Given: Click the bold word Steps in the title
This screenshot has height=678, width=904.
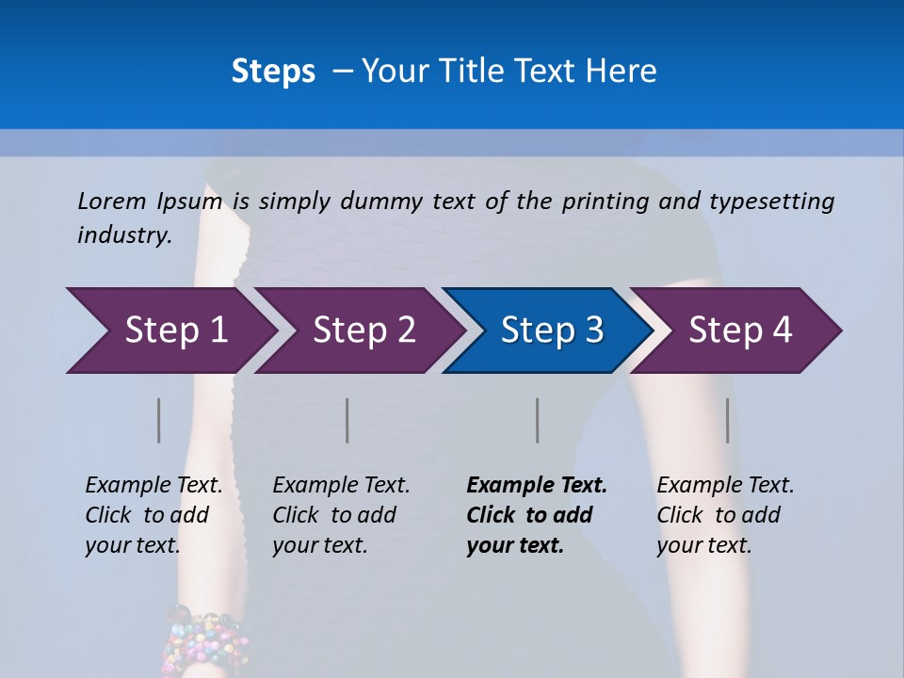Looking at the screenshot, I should point(273,72).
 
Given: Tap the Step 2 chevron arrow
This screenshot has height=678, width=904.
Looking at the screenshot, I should point(358,331).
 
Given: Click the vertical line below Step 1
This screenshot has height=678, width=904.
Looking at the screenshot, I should point(159,420).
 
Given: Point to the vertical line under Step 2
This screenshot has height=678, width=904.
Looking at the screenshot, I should point(347,420).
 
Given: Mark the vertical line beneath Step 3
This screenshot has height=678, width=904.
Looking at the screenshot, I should point(538,420).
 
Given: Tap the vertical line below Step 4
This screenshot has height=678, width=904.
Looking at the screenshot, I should point(728,420).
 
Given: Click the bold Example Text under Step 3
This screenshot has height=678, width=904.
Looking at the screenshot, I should point(537,486).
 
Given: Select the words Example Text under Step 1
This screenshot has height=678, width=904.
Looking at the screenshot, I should point(153,486).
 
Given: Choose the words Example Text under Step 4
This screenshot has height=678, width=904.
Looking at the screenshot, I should point(725,486).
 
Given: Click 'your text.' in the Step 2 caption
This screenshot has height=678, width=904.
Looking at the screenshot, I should point(319,545).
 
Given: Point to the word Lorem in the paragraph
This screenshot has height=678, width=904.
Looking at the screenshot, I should point(112,201).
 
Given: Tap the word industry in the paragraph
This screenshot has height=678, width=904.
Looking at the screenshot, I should point(123,235).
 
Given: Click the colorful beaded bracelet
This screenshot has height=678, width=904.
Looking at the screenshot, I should point(203,641).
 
